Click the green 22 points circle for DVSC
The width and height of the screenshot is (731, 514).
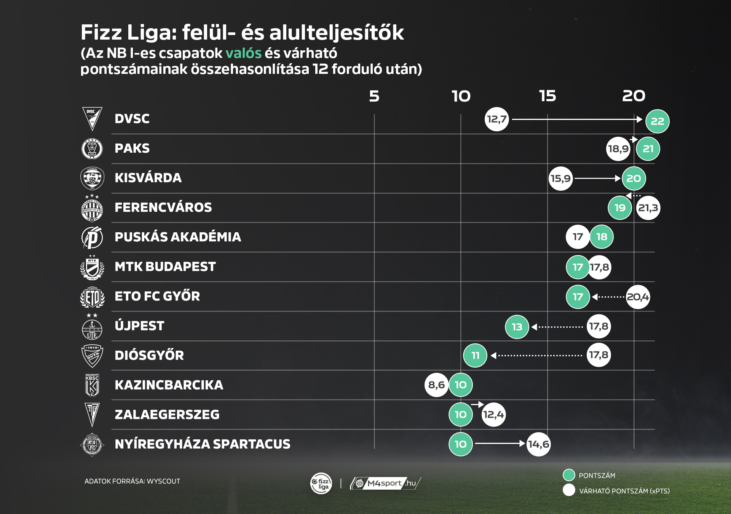point(657,121)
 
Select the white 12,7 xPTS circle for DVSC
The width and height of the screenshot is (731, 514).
point(496,119)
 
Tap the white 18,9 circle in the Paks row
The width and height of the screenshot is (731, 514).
point(618,149)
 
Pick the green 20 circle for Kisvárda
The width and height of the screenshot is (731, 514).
point(634,178)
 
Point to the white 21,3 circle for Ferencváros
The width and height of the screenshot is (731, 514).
point(648,208)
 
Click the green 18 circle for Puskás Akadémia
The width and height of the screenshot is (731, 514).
point(602,237)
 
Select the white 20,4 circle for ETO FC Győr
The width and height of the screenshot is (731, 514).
point(638,297)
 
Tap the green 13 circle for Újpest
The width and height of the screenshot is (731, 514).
point(517,327)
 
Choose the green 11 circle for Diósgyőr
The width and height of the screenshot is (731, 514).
point(475,356)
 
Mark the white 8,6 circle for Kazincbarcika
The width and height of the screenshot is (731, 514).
point(436,385)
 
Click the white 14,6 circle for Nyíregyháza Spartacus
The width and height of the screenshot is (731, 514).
point(538,444)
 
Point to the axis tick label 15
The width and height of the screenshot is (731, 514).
point(547,96)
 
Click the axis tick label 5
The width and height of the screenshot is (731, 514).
point(374,96)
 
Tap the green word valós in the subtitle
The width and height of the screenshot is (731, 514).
point(243,53)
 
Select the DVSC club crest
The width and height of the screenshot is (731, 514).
point(92,119)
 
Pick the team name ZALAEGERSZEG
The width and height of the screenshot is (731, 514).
point(167,414)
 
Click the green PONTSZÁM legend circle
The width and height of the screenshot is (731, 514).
point(568,475)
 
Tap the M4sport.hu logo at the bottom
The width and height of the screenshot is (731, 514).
point(385,484)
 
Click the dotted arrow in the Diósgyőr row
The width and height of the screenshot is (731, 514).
point(537,356)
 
